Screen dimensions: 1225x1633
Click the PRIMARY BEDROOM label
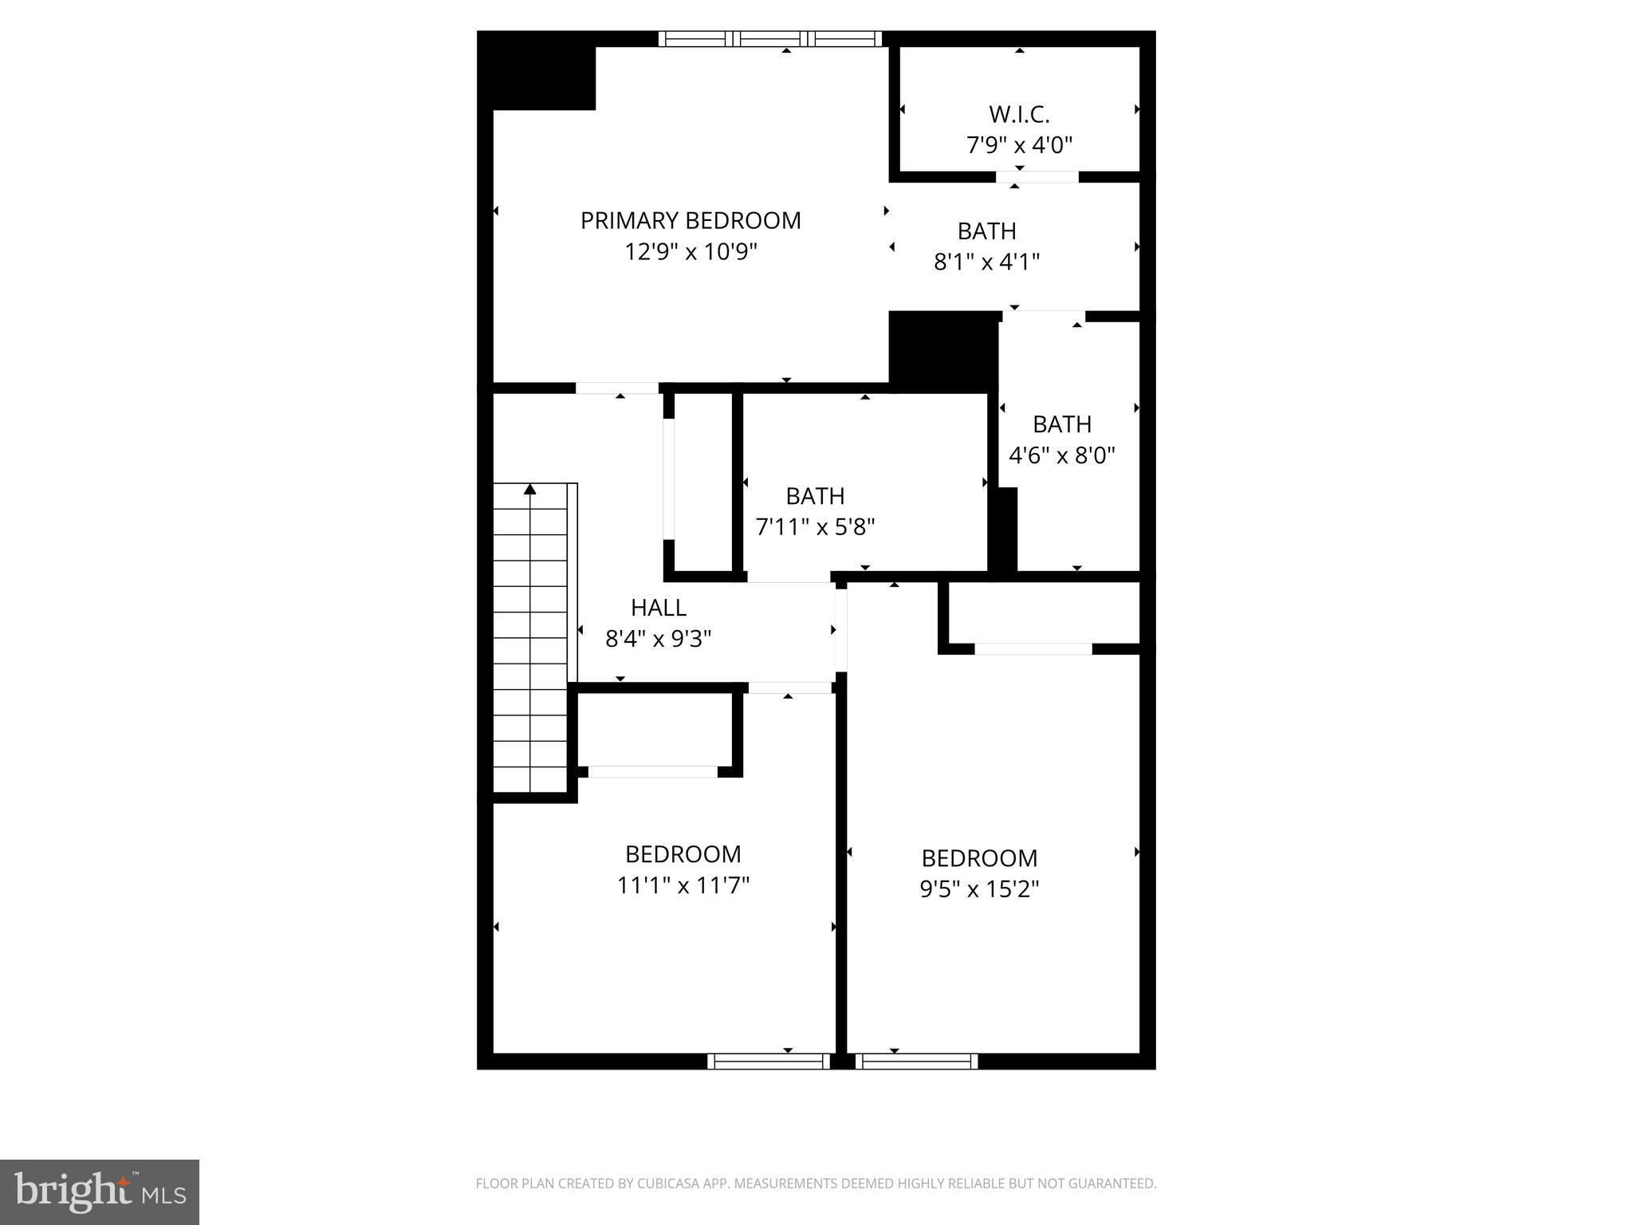point(691,220)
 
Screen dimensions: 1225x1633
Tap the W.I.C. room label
point(1019,115)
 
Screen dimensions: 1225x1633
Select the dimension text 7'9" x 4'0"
point(1019,145)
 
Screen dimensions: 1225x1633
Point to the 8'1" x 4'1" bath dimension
point(986,262)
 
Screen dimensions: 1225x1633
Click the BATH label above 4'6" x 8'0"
point(1061,423)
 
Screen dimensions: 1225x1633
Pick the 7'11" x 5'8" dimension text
point(815,526)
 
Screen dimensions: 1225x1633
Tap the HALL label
point(658,608)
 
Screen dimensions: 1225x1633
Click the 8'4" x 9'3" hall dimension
point(658,639)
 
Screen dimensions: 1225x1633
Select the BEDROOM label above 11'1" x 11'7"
point(683,854)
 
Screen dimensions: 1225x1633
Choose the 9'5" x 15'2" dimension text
point(979,888)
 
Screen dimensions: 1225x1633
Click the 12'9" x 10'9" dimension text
point(691,252)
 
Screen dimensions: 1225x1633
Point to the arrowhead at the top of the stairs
point(530,489)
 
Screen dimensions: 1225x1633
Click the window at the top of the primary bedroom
point(770,38)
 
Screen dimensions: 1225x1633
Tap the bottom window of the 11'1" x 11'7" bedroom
point(769,1061)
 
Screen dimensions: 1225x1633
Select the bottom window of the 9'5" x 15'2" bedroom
point(916,1061)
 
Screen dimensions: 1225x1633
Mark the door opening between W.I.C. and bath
point(1037,177)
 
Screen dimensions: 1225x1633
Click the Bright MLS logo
point(100,1192)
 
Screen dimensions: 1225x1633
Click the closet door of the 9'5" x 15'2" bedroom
point(1033,649)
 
